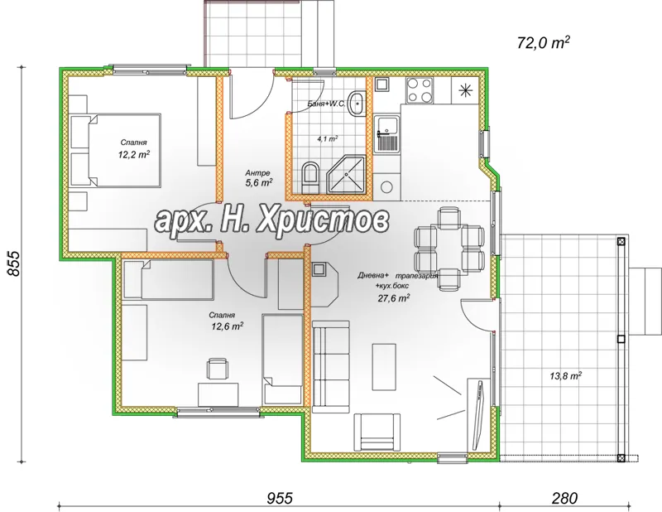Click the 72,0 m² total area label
[x=544, y=42]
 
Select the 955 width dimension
[x=280, y=498]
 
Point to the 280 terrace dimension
[x=564, y=498]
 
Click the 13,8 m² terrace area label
[x=566, y=375]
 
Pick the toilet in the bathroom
[x=311, y=177]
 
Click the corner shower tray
[x=346, y=175]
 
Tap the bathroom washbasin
[x=357, y=102]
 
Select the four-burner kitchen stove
[x=420, y=90]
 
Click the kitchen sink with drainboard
[x=387, y=135]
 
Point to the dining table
[x=449, y=249]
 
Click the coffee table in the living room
[x=384, y=366]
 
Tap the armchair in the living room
[x=377, y=432]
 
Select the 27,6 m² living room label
[x=393, y=298]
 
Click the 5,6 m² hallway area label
[x=258, y=182]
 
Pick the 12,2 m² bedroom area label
[x=134, y=155]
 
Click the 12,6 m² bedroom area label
[x=227, y=326]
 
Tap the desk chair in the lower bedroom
[x=218, y=368]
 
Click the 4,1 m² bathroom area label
[x=327, y=138]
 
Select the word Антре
[x=257, y=173]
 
